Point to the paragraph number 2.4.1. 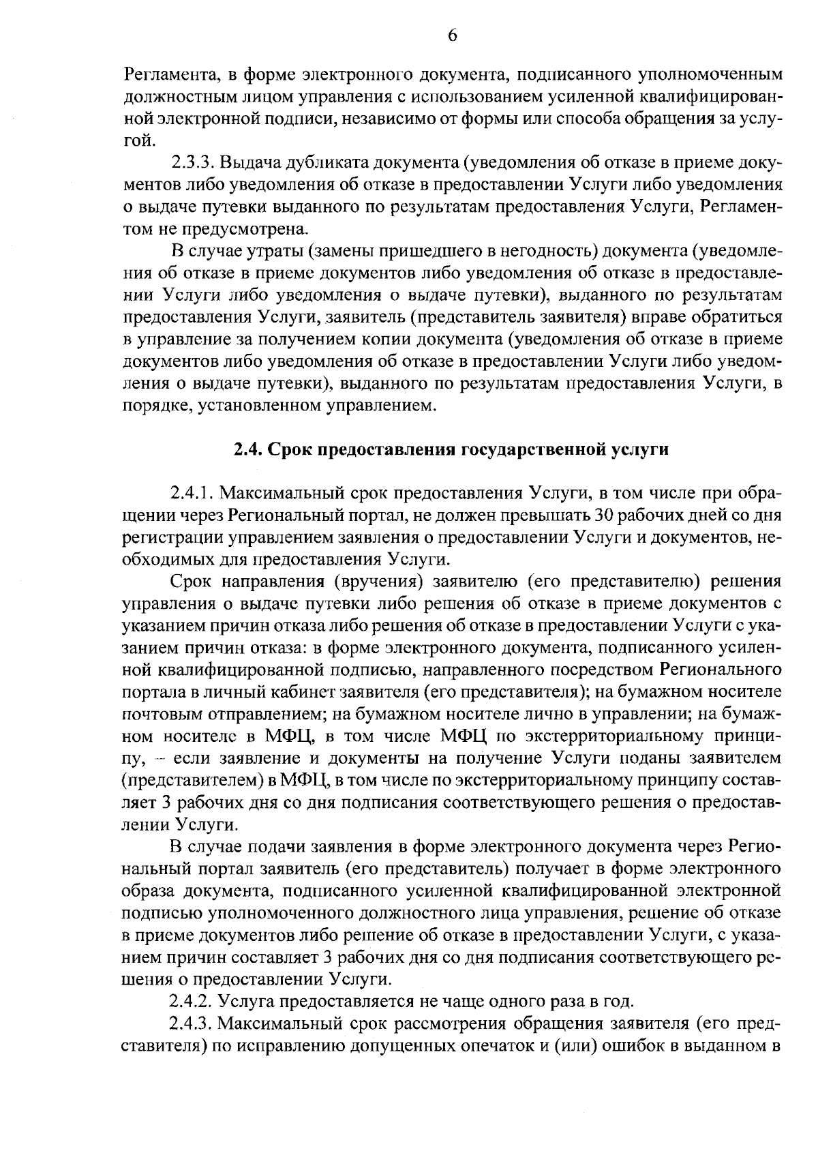tap(194, 493)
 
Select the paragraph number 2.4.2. tap(194, 1002)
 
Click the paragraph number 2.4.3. tap(194, 1023)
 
